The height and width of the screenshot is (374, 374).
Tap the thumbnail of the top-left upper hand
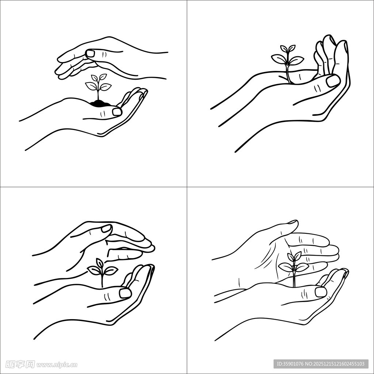click(x=91, y=53)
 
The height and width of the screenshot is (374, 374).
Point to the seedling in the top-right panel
click(x=288, y=63)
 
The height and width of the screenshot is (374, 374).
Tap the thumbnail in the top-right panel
click(x=333, y=80)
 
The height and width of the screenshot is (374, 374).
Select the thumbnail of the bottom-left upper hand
click(x=106, y=229)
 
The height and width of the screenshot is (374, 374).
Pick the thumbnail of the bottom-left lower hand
click(x=125, y=293)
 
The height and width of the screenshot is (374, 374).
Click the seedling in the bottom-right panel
click(x=294, y=268)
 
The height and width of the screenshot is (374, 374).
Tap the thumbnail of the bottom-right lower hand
click(x=321, y=292)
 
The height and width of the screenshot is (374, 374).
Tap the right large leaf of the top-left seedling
click(x=105, y=87)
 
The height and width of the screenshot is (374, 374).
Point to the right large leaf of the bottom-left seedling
click(x=111, y=270)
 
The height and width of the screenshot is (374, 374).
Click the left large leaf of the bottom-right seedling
click(x=286, y=267)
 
